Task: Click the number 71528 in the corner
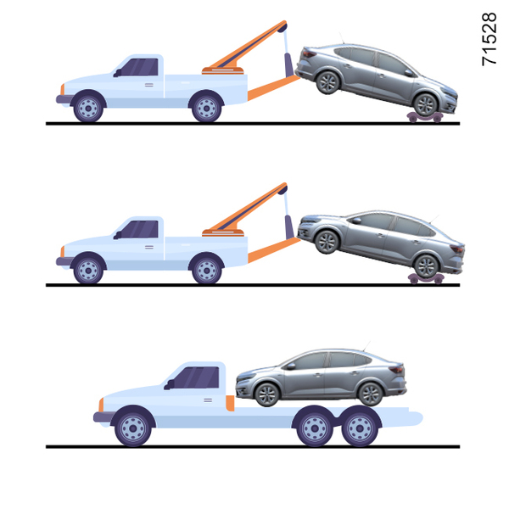tap(489, 39)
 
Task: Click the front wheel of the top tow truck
tap(88, 108)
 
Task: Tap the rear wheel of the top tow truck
tap(206, 108)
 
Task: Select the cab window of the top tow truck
tap(140, 67)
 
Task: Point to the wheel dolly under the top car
tap(425, 117)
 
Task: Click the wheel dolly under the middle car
tap(426, 279)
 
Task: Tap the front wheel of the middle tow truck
tap(88, 270)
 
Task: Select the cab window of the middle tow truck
tap(140, 229)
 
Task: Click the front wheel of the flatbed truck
tap(133, 428)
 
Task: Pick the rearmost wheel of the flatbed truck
tap(360, 428)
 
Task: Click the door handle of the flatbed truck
tap(208, 400)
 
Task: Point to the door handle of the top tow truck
tap(149, 85)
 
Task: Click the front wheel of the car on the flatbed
tap(267, 394)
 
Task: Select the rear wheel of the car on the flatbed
tap(370, 394)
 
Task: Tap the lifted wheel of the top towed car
tap(327, 82)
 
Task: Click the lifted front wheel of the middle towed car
tap(327, 242)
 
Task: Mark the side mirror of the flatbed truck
tap(169, 384)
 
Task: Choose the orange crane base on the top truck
tap(222, 70)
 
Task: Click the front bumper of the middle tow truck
tap(64, 261)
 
